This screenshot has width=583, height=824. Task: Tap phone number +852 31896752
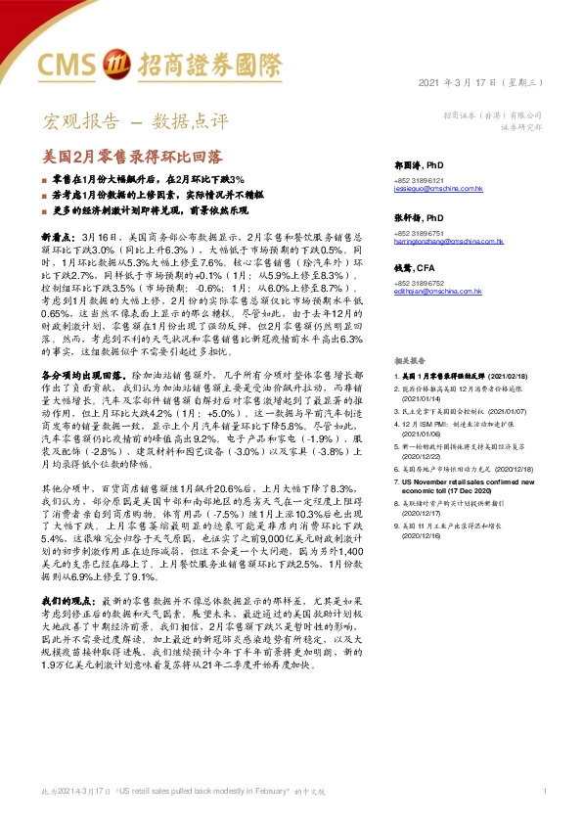point(420,285)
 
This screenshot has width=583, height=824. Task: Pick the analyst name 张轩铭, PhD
point(422,217)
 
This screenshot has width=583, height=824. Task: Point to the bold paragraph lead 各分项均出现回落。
point(84,376)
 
